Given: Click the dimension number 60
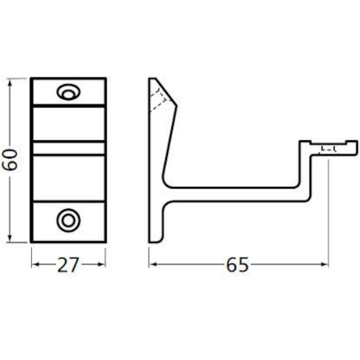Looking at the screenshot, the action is pyautogui.click(x=9, y=160).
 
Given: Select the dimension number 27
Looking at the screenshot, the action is pyautogui.click(x=68, y=265).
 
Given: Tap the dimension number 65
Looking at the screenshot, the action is pyautogui.click(x=238, y=265).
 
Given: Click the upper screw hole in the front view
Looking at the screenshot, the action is pyautogui.click(x=68, y=92).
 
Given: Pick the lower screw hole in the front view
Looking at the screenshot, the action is pyautogui.click(x=68, y=220).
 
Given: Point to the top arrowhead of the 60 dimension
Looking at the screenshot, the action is pyautogui.click(x=9, y=82).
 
